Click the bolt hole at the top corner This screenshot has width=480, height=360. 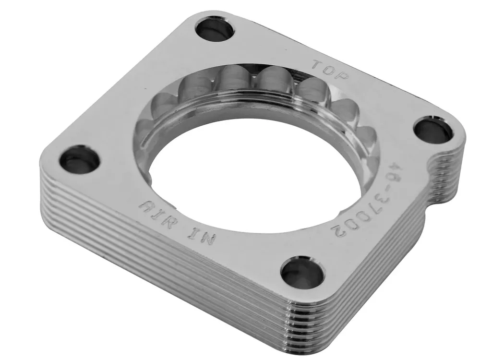point(215,30)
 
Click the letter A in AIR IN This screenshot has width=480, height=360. point(146,207)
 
